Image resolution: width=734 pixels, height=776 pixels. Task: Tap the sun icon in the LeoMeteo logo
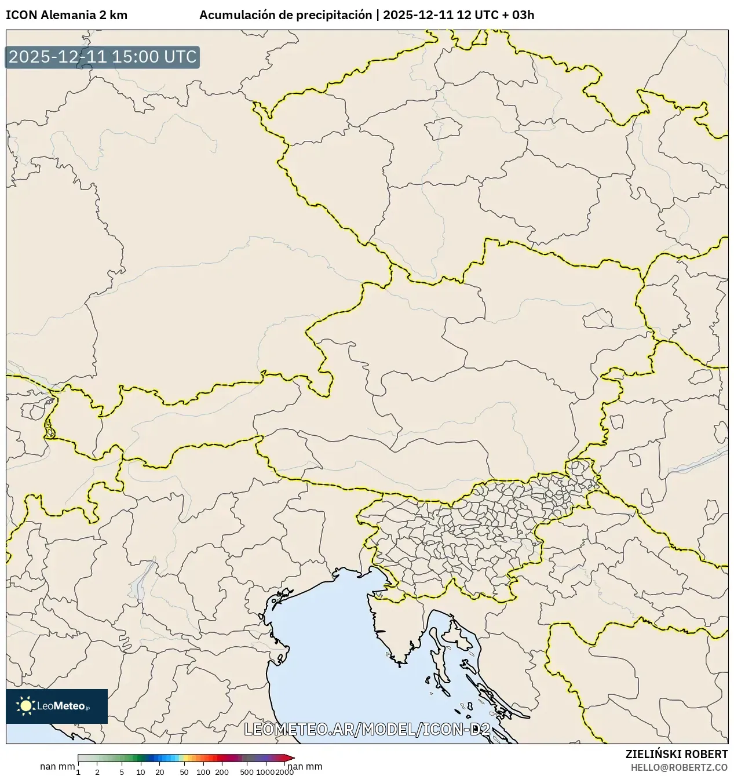(x=25, y=705)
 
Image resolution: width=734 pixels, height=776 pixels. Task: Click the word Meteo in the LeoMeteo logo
(x=69, y=706)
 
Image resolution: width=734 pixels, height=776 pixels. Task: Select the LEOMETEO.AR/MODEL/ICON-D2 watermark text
(x=367, y=730)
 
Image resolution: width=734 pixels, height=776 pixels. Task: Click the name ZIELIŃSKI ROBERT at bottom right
(x=677, y=754)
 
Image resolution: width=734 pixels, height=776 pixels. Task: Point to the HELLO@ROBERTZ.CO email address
(x=679, y=767)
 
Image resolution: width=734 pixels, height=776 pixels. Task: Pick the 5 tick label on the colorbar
(x=122, y=772)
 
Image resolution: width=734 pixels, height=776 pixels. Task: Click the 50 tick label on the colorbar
(x=184, y=772)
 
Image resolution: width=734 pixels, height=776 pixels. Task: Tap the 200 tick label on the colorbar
(x=222, y=772)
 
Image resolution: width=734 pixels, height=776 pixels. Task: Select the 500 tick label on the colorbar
(x=247, y=772)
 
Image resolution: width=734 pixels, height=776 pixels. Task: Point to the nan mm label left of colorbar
(x=57, y=767)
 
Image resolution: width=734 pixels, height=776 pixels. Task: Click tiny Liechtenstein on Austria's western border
(x=50, y=431)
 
